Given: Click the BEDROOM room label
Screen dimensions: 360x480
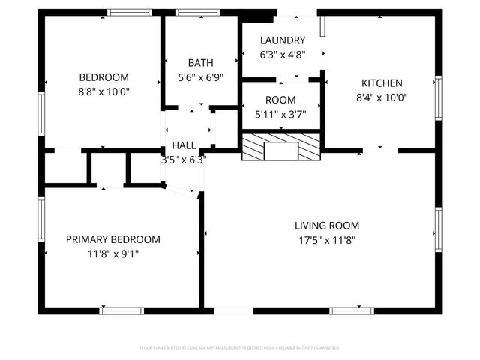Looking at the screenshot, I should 104,76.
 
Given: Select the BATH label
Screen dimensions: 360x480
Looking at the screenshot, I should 200,63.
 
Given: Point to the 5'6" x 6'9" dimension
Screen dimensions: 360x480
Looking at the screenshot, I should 200,76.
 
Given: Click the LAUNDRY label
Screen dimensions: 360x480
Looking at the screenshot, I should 283,40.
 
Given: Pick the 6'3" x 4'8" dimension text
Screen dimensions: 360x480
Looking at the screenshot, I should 283,54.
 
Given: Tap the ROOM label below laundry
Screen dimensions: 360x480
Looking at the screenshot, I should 280,100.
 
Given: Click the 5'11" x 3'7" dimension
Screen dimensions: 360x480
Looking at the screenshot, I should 280,114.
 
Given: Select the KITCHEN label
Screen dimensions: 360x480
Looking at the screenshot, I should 382,83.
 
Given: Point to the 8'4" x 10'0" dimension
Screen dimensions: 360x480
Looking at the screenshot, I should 382,97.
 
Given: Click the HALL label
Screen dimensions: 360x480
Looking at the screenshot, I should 184,145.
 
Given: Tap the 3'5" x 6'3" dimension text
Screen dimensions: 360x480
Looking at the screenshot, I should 184,159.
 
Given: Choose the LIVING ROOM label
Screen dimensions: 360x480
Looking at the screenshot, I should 326,226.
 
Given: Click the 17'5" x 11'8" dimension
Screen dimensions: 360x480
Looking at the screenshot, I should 326,240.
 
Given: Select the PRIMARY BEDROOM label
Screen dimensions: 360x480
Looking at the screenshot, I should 113,239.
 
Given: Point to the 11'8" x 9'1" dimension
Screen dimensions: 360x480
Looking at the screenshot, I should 113,253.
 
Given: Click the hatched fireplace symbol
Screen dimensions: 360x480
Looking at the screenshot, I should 281,148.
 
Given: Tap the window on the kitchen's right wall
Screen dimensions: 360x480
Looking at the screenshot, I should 439,97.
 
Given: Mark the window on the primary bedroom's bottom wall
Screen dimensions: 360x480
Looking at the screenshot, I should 121,310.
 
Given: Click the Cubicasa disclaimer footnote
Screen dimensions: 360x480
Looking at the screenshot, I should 240,348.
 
